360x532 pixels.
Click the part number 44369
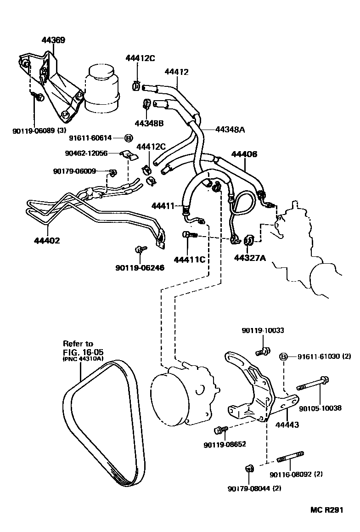(53, 40)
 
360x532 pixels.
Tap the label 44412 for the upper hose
(176, 72)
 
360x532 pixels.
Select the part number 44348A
(230, 130)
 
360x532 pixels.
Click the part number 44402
(47, 240)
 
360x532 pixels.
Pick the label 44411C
(189, 260)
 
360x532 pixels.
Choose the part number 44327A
(250, 258)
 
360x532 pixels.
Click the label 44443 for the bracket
(286, 425)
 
